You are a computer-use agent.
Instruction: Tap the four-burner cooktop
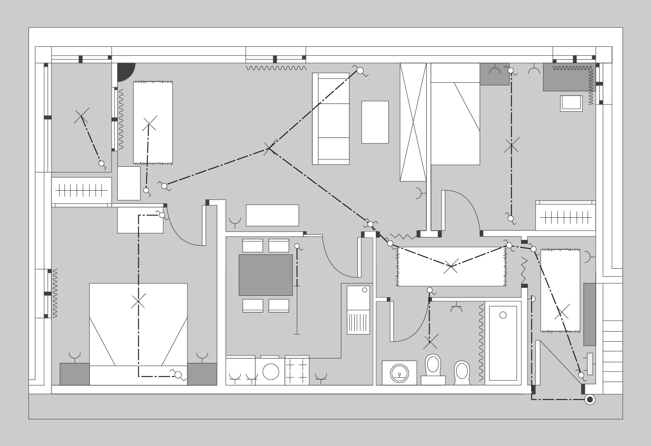(297, 370)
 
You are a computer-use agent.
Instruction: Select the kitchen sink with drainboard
(358, 310)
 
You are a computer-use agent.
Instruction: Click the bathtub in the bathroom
(503, 343)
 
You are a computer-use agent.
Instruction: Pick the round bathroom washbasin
(400, 373)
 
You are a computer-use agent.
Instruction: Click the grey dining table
(266, 275)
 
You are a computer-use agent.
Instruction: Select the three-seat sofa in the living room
(331, 119)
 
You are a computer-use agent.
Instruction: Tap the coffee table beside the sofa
(375, 122)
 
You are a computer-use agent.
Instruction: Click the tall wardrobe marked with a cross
(413, 122)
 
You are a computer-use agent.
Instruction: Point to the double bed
(138, 334)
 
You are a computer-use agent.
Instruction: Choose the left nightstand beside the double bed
(74, 374)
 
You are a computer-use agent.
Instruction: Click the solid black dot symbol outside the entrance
(590, 400)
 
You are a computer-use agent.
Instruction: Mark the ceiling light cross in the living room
(269, 148)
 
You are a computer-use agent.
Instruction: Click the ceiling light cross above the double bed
(138, 302)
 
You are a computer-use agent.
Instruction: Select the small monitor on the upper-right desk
(571, 103)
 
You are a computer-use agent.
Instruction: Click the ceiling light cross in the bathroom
(430, 341)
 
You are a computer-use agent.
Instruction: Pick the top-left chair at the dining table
(253, 246)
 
